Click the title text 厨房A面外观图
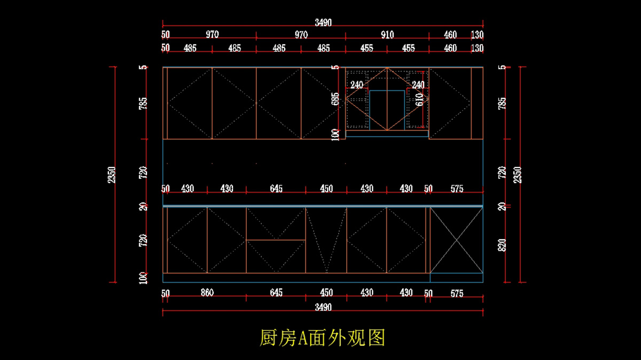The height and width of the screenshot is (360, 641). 322,338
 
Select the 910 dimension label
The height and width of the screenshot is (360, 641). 387,35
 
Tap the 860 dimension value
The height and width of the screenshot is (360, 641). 207,293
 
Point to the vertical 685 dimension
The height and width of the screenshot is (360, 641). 335,100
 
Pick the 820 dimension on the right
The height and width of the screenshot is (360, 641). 502,247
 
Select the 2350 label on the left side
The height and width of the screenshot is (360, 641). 112,175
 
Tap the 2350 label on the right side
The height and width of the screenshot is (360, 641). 517,175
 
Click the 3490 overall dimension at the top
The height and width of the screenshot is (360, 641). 323,22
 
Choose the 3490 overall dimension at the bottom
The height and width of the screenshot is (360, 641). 323,307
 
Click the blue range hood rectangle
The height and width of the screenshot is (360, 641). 387,111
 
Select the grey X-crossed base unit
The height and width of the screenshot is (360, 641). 456,240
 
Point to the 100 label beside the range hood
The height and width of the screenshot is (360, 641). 335,134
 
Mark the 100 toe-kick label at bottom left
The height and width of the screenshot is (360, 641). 143,278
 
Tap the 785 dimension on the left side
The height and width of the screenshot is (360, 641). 143,103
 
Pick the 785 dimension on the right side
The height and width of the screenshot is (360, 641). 502,103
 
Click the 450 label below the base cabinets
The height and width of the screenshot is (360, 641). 326,293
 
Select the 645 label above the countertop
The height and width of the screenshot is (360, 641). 276,189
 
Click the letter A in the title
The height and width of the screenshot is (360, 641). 303,338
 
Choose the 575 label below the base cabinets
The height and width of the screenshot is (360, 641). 457,293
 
